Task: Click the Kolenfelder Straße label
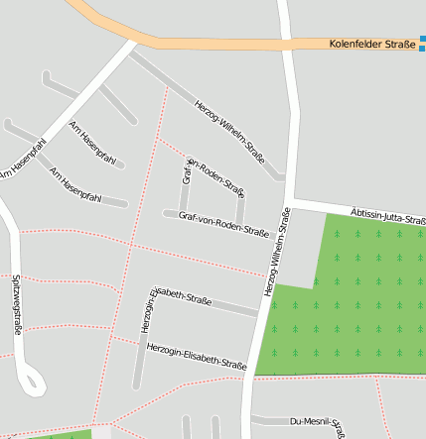(372, 44)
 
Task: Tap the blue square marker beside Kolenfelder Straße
(422, 45)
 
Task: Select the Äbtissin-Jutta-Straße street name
(388, 216)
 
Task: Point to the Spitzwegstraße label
(18, 304)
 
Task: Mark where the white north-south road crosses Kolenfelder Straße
(286, 44)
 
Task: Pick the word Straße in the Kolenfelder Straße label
(399, 44)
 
